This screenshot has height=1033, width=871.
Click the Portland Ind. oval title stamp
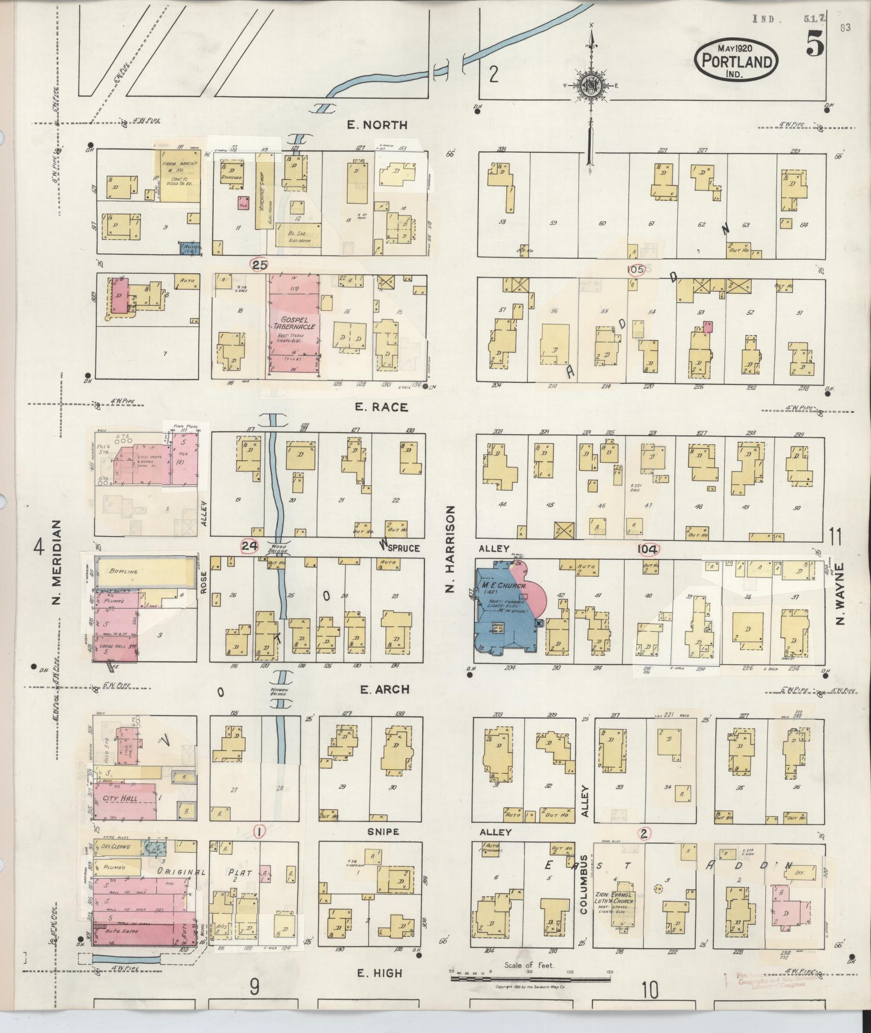click(x=737, y=62)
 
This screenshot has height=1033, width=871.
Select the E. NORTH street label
click(x=377, y=125)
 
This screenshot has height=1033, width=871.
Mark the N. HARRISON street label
click(x=451, y=549)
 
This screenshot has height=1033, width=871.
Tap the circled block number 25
click(x=260, y=265)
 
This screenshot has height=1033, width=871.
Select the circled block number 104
click(x=648, y=549)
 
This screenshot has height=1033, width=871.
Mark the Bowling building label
click(x=124, y=571)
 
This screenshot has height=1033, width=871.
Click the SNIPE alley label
click(x=383, y=831)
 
